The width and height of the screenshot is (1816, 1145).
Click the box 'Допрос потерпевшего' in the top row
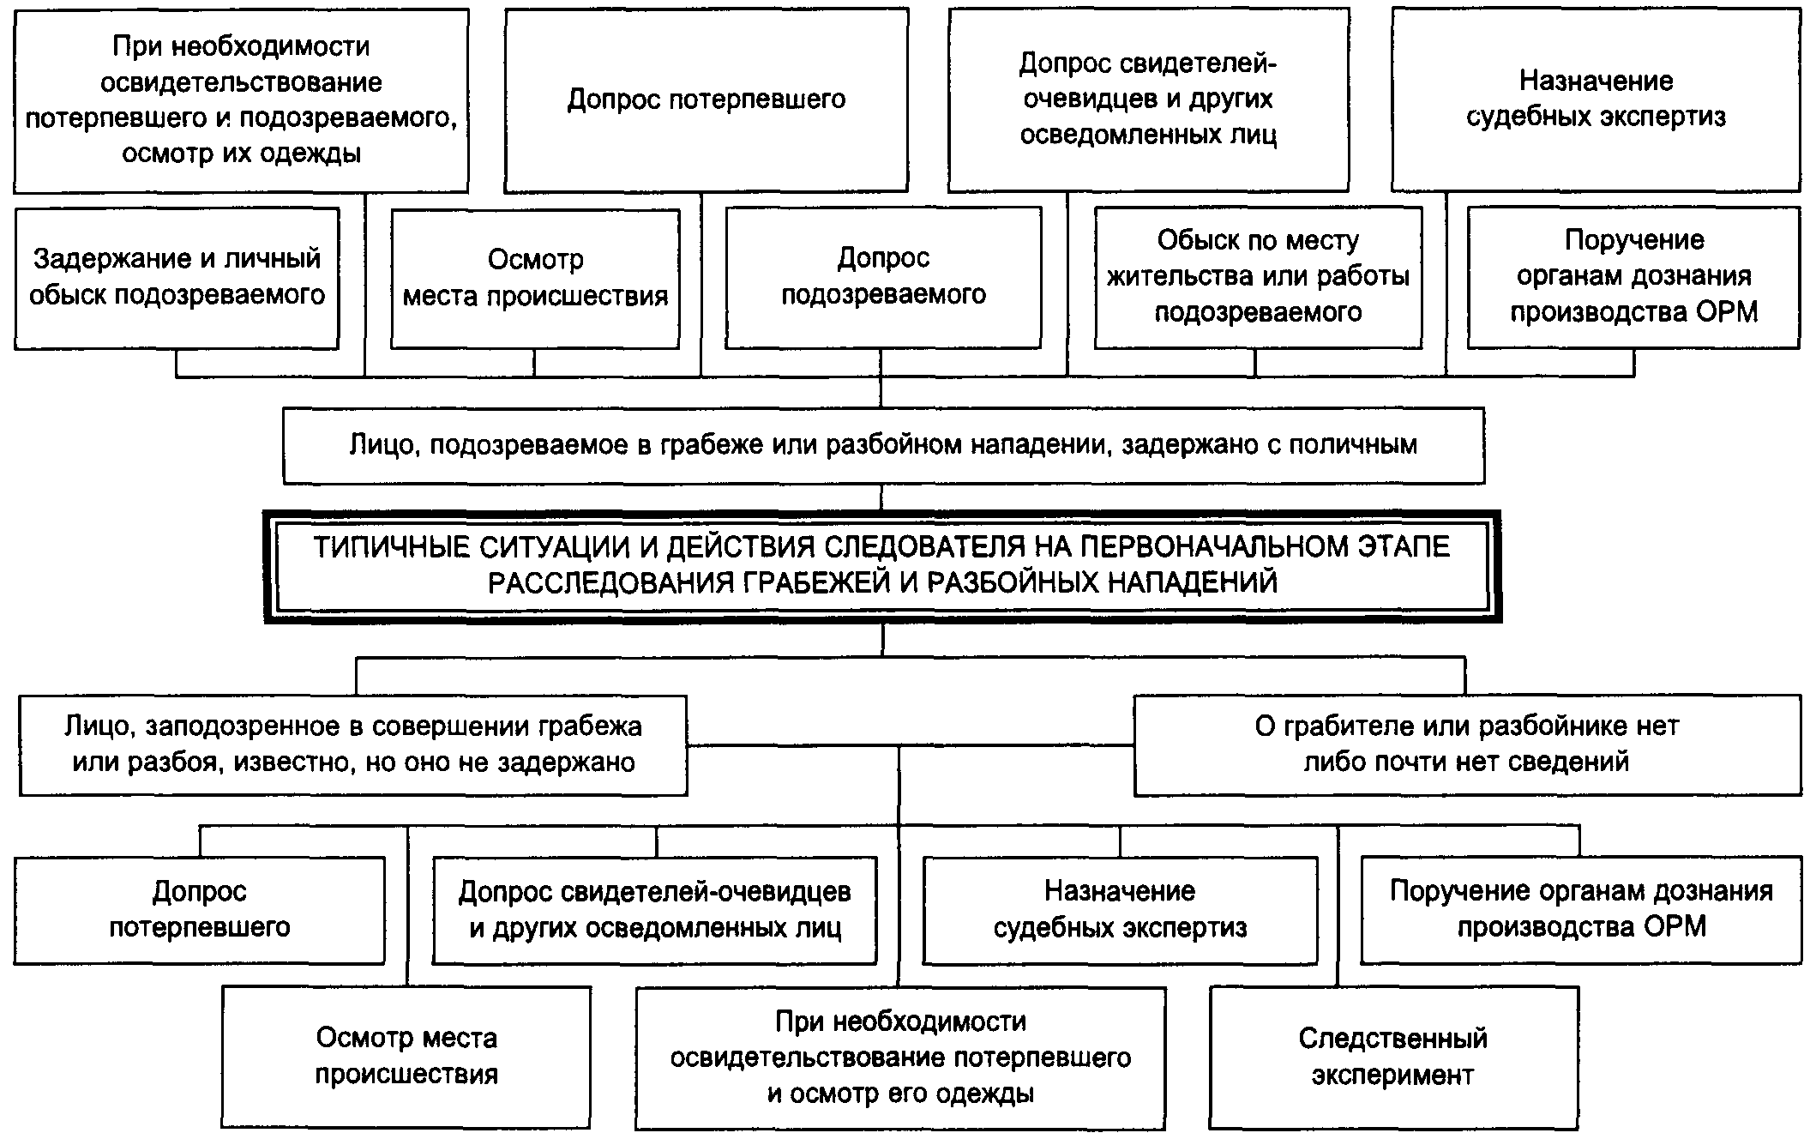pos(706,99)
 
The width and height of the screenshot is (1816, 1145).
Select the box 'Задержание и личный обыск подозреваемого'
pos(177,278)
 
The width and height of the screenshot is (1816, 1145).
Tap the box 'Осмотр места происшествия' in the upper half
pos(535,278)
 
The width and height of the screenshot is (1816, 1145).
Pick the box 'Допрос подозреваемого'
pos(883,277)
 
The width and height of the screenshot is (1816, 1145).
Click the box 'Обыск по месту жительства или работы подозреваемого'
pos(1258,277)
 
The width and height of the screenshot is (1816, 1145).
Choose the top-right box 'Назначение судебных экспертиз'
pos(1596,99)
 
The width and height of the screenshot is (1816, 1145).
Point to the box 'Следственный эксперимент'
pos(1393,1057)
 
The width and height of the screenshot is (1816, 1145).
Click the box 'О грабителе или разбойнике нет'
pos(1467,744)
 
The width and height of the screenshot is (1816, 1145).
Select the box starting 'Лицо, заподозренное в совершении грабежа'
pos(353,744)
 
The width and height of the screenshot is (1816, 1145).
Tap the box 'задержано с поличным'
pos(883,445)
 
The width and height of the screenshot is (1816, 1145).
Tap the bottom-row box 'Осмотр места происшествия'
pos(406,1057)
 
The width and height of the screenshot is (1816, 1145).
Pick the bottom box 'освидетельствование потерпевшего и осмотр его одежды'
pos(900,1058)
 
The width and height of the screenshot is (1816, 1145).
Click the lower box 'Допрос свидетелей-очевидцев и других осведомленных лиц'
pos(655,910)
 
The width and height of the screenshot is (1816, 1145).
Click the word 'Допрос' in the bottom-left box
pos(200,892)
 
